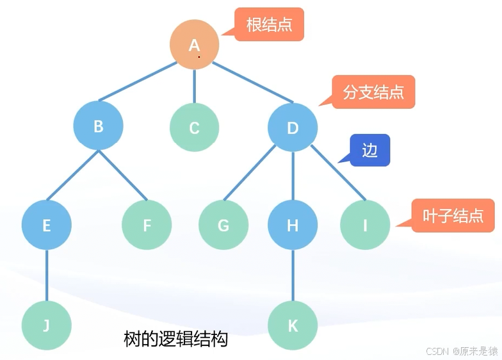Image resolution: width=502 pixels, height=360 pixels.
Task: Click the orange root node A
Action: (194, 45)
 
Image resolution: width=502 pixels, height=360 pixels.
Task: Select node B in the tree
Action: (98, 126)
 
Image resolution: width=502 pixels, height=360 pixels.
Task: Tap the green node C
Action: (194, 127)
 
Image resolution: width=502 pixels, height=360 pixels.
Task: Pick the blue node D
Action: (293, 127)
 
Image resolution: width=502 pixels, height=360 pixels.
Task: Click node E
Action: (46, 225)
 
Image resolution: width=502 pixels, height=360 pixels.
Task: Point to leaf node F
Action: (147, 225)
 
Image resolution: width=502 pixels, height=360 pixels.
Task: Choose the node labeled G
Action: (223, 225)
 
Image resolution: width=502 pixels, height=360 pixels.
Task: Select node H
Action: (293, 225)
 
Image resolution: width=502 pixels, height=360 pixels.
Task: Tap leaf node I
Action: (365, 225)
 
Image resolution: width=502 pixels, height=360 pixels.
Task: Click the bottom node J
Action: (46, 325)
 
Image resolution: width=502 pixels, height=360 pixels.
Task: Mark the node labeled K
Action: (293, 325)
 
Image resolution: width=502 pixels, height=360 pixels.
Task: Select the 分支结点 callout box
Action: (374, 92)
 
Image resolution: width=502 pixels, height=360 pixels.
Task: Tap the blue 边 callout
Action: (370, 151)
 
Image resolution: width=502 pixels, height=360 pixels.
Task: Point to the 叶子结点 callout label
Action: (453, 216)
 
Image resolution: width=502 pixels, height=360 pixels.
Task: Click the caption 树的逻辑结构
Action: (175, 338)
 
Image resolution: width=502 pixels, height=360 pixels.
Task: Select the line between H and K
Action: (293, 275)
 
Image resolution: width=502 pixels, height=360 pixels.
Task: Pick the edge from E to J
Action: (46, 275)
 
